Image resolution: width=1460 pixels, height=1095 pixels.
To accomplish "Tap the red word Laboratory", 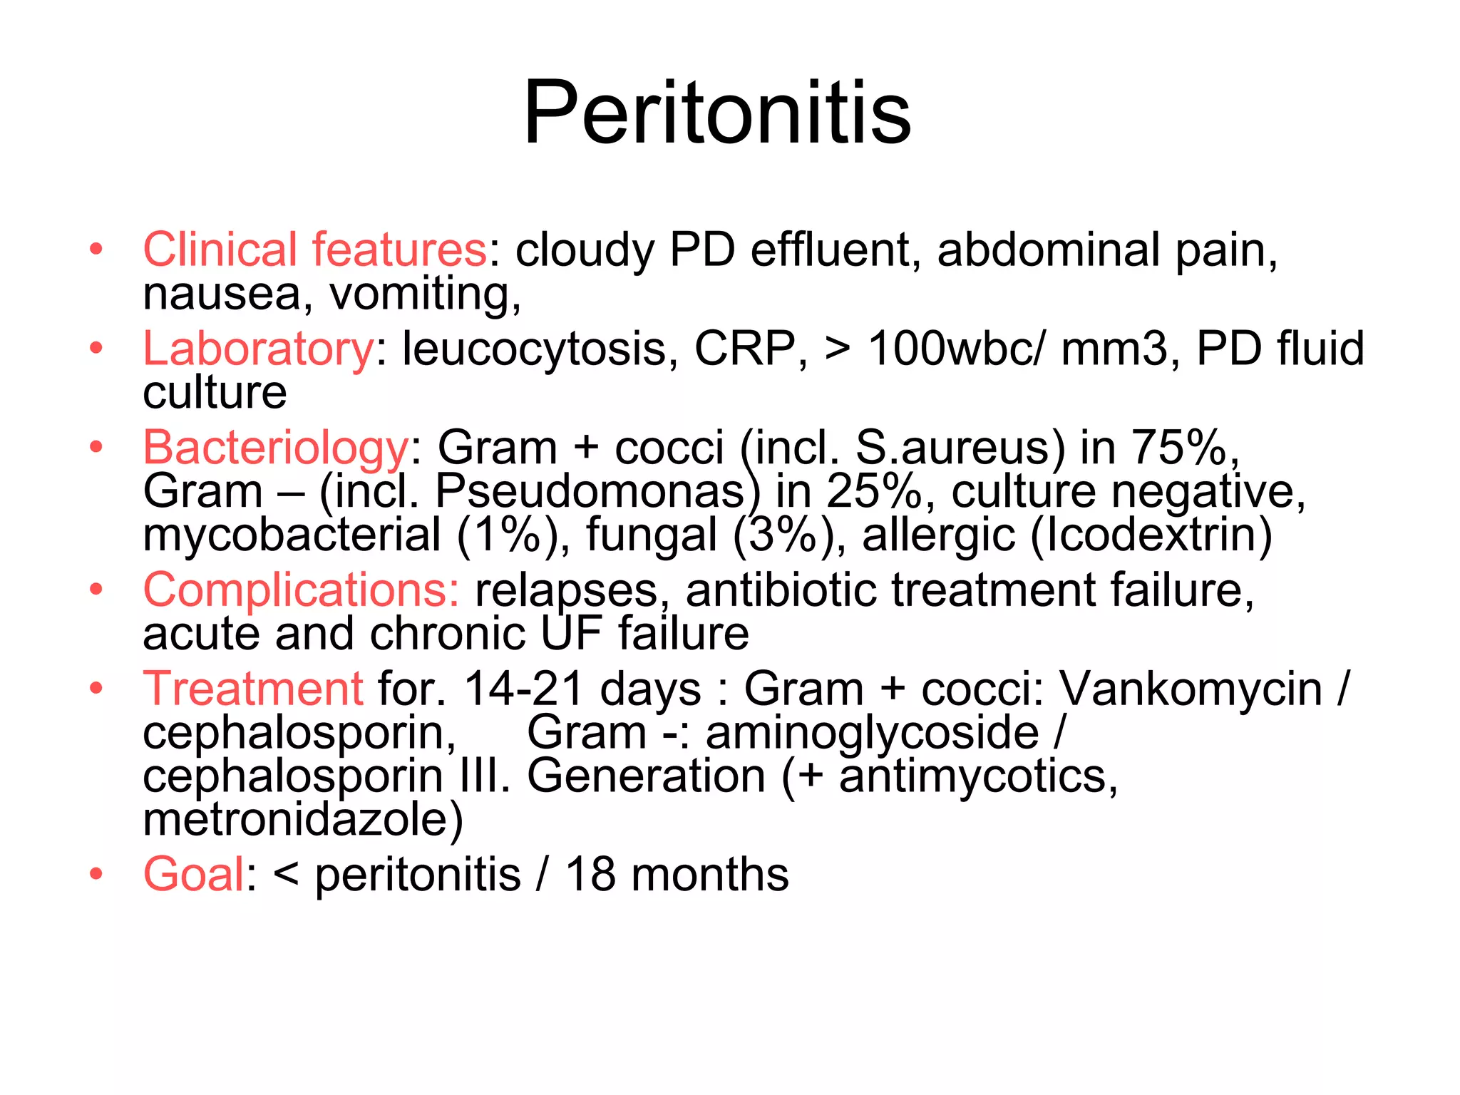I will tap(258, 349).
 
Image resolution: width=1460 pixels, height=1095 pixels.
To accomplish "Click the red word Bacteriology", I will tap(275, 448).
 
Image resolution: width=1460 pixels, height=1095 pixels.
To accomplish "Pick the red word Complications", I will tap(301, 590).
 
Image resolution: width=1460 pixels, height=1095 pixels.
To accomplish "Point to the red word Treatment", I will tap(253, 689).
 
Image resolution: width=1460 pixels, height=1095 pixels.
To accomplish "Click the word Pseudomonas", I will tap(590, 491).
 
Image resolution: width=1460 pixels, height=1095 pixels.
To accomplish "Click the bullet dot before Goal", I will tap(96, 874).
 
